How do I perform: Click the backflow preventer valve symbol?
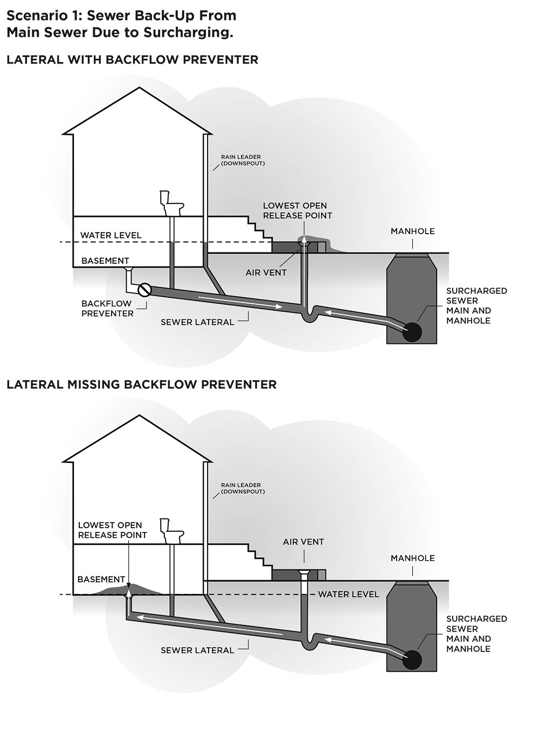coord(144,290)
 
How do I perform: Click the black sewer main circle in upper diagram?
coord(412,331)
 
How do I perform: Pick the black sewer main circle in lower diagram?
coord(412,659)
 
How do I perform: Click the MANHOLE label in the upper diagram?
coord(412,231)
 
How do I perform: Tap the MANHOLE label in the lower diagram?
coord(412,558)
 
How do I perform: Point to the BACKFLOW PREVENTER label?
coord(107,308)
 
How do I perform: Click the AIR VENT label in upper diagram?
coord(266,272)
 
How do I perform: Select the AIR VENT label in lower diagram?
coord(303,542)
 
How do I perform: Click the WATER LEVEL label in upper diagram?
coord(110,235)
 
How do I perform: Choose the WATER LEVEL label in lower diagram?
coord(348,594)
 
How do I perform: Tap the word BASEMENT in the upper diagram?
coord(105,261)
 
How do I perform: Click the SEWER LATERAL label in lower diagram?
coord(197,650)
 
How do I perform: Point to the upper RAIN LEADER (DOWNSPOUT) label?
coord(243,160)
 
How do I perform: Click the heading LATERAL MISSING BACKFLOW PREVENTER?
coord(141,384)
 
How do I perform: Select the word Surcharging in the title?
coord(188,32)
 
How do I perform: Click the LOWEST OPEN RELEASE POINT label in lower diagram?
coord(112,530)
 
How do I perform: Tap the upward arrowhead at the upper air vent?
coord(303,240)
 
